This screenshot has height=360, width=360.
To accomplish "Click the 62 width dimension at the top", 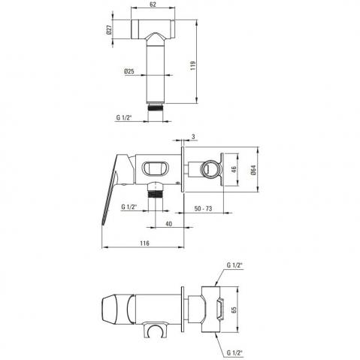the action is (153, 5).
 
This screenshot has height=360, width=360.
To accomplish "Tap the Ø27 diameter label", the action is (109, 30).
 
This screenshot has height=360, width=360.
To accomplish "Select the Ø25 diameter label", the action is (129, 71).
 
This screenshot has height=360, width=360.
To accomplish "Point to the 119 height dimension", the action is (192, 65).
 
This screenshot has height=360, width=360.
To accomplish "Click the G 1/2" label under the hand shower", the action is (124, 117).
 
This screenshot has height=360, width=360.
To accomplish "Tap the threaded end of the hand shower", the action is (156, 107).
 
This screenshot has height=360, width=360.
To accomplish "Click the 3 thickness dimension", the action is (193, 137).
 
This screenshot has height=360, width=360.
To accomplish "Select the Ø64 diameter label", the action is (253, 170).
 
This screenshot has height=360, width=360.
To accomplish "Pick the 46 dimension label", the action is (234, 170).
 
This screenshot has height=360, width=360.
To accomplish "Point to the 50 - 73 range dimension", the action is (203, 208).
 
